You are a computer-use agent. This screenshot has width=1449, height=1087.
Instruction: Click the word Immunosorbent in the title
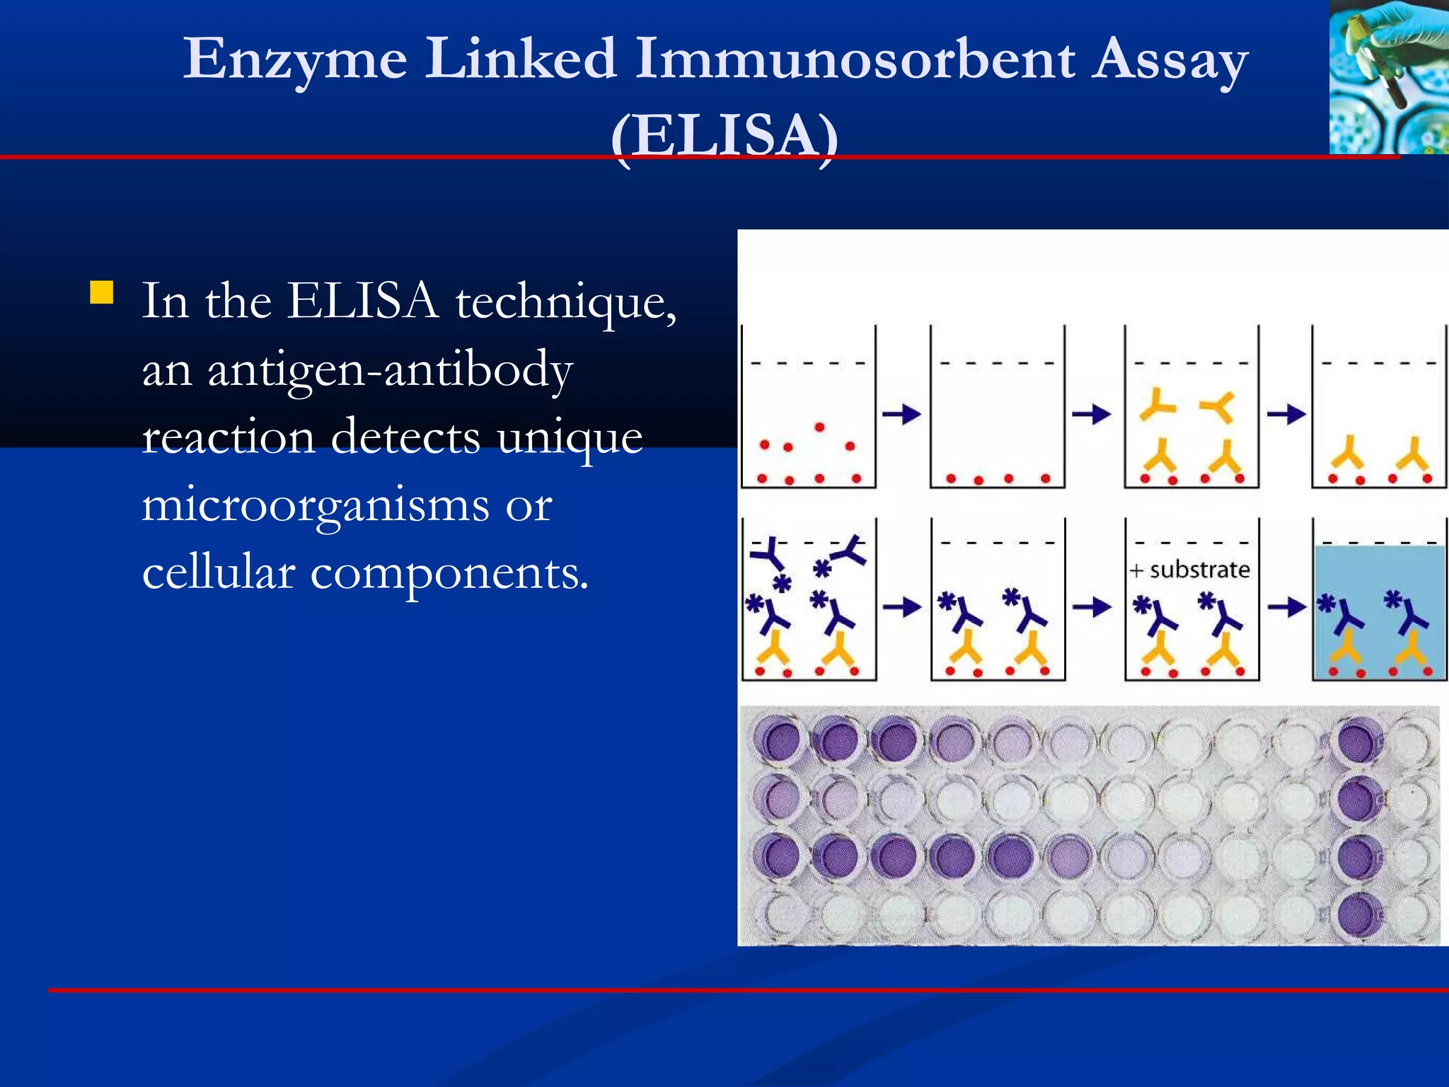click(x=855, y=59)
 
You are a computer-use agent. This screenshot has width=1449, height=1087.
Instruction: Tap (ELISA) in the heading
click(x=724, y=134)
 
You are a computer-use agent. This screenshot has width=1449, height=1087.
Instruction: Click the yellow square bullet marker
click(x=102, y=292)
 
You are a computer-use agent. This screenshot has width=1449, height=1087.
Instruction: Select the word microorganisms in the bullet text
click(x=315, y=505)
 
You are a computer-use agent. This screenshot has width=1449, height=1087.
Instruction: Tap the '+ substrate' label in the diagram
click(x=1190, y=570)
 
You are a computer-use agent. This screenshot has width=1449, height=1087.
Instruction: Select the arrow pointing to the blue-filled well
click(x=1286, y=606)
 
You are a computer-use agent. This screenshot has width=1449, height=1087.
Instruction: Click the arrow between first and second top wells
click(x=901, y=414)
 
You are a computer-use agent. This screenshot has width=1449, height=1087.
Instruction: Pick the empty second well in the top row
click(x=997, y=407)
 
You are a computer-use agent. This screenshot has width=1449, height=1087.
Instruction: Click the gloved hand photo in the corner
click(x=1388, y=76)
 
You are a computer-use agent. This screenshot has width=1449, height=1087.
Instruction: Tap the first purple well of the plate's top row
click(x=776, y=739)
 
